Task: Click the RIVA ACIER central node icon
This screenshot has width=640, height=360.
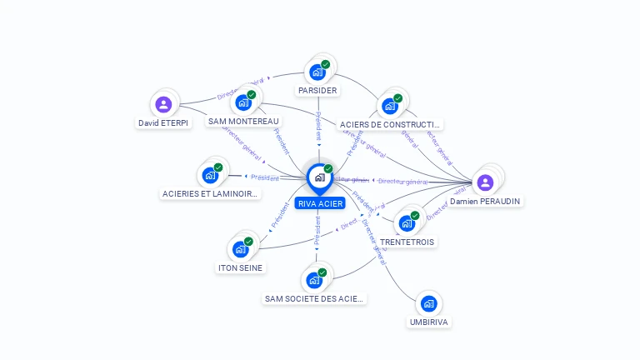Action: point(319,177)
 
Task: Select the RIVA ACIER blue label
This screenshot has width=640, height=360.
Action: point(319,203)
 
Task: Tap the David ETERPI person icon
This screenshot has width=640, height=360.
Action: point(163,104)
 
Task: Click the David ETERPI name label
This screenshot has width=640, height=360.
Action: point(163,122)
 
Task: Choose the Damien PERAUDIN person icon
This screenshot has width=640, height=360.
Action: point(486,182)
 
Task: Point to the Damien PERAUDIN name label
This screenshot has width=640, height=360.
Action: point(485,202)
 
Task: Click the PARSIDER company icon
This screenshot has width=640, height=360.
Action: point(317,72)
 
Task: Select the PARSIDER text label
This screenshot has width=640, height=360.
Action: point(317,90)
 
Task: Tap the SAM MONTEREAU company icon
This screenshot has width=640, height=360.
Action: point(243,102)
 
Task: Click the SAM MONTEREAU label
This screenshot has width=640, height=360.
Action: point(243,121)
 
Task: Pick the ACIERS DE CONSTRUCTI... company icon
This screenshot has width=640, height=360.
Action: point(389,106)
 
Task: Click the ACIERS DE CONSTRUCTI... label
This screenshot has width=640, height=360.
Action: point(390,125)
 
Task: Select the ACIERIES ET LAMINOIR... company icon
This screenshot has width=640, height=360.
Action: point(210,176)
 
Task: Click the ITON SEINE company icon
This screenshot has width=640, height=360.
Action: point(240,249)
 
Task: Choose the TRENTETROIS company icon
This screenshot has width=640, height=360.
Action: point(407,222)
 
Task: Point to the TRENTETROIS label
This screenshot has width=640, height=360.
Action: point(407,242)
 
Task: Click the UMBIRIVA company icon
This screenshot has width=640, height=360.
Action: point(428,303)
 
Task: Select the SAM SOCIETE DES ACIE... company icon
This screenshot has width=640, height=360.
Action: point(314,279)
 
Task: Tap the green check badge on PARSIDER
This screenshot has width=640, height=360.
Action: point(325,64)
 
